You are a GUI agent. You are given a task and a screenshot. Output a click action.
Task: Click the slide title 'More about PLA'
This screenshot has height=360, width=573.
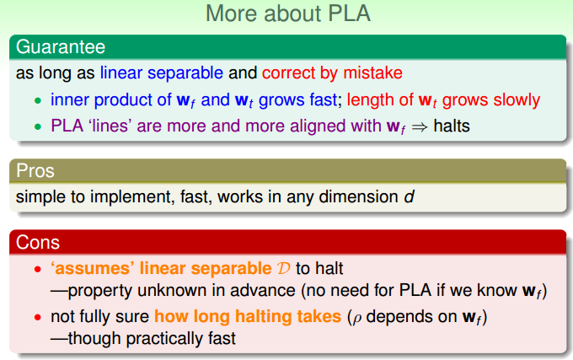pos(288,13)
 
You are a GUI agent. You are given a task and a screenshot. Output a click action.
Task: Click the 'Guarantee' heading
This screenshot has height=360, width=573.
pos(61,46)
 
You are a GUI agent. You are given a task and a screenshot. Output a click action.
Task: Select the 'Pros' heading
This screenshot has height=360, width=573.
pos(35,170)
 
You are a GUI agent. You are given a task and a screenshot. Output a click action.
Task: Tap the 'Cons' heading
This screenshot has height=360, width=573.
pos(38,242)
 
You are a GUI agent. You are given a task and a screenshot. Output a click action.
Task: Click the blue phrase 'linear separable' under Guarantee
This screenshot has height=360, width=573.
pos(162,73)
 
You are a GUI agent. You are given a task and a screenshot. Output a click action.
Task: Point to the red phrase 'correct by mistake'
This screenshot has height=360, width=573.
pos(332,73)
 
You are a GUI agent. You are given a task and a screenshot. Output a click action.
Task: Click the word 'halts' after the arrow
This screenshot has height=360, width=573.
pos(452,126)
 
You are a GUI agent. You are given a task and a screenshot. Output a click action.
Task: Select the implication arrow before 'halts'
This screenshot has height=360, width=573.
pos(419,127)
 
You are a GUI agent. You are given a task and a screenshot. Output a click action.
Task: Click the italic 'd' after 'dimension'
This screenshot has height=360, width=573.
pos(409,196)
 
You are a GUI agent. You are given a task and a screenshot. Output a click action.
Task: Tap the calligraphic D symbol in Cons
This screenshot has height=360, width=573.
pos(283,269)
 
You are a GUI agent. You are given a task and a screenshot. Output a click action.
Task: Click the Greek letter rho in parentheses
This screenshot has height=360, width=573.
pos(356,319)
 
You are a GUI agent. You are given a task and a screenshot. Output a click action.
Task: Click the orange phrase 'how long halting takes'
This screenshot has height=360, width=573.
pos(248,316)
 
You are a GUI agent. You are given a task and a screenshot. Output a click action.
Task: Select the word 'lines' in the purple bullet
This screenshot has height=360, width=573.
pos(109,126)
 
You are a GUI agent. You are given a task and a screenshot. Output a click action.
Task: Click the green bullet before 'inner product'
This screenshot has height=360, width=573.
pos(38,100)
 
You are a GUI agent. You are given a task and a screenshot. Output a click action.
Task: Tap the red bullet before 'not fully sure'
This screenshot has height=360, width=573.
pos(38,317)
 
